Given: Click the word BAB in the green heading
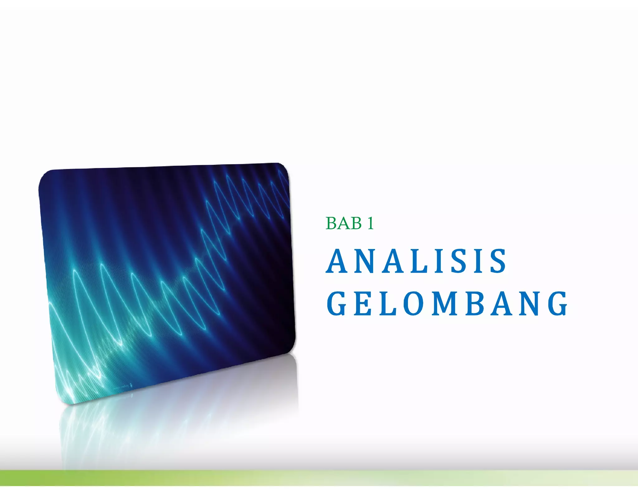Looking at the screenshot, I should pos(344,223).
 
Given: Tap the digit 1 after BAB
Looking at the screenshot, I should pos(370,223).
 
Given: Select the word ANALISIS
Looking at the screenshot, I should pos(417,261).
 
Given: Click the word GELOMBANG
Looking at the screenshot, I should pos(447,304).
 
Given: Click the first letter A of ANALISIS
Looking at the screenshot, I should pos(338,261).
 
